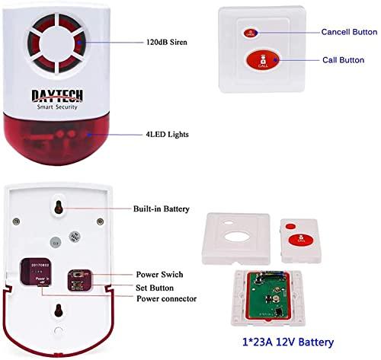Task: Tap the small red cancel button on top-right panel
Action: click(249, 33)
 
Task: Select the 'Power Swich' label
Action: click(159, 274)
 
